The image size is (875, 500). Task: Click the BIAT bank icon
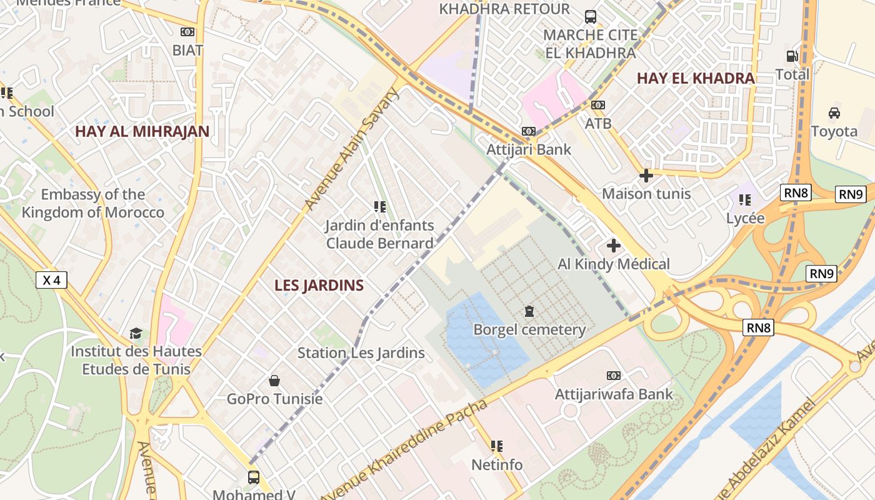(187, 32)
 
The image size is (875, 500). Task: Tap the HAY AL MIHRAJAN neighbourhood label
(142, 132)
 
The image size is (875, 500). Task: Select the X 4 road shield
(51, 280)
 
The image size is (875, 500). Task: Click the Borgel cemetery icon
(529, 311)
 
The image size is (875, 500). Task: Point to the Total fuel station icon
(792, 56)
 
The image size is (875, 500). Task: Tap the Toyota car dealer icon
(834, 112)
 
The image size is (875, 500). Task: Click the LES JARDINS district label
(319, 286)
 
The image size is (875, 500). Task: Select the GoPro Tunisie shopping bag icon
(274, 380)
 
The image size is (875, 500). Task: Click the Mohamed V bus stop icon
(253, 477)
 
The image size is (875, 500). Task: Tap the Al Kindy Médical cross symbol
(614, 246)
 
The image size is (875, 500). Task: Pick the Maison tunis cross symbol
(646, 176)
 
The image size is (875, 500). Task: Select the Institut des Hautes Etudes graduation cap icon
(136, 333)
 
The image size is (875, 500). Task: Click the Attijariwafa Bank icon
(614, 376)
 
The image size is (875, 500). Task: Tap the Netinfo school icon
(497, 446)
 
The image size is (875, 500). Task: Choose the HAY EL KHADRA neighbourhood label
(696, 79)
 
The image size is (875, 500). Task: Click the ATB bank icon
(598, 105)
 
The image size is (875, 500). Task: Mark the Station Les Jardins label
(361, 353)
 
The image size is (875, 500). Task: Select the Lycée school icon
(744, 200)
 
